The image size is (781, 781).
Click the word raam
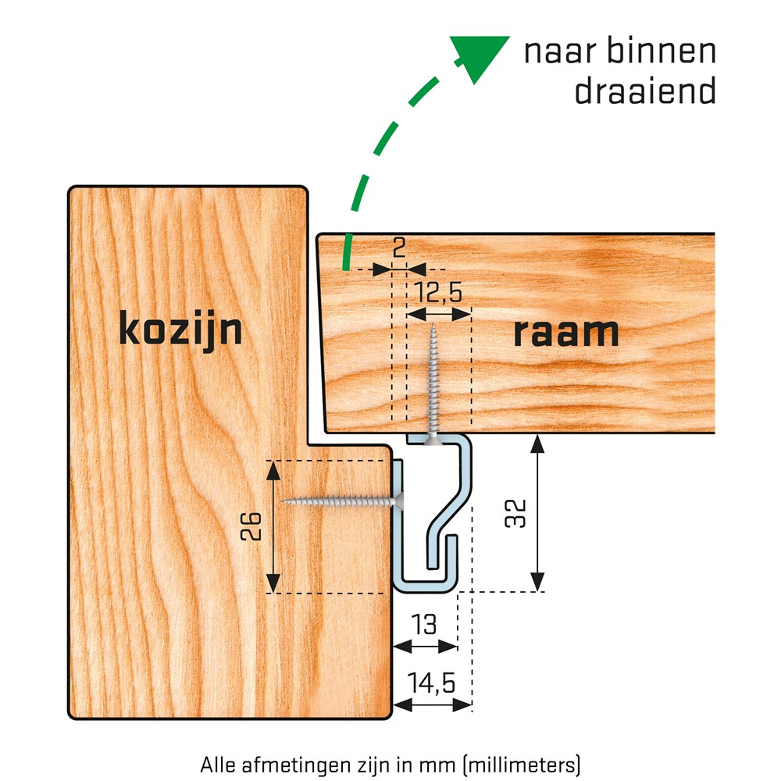coord(565,332)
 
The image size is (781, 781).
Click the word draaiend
coord(646,91)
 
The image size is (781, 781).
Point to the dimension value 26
coord(251,526)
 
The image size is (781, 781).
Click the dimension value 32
coord(515,514)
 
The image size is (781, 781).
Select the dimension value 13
coord(424,624)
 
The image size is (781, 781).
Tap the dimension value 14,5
coord(431,683)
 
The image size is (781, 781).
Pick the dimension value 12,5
coord(438,292)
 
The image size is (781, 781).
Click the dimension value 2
coord(399,248)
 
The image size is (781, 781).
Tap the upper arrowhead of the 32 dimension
coord(537,444)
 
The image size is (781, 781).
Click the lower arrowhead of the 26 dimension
coord(273,583)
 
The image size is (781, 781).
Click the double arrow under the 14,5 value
coord(433,704)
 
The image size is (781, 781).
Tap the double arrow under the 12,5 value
coord(439,314)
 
